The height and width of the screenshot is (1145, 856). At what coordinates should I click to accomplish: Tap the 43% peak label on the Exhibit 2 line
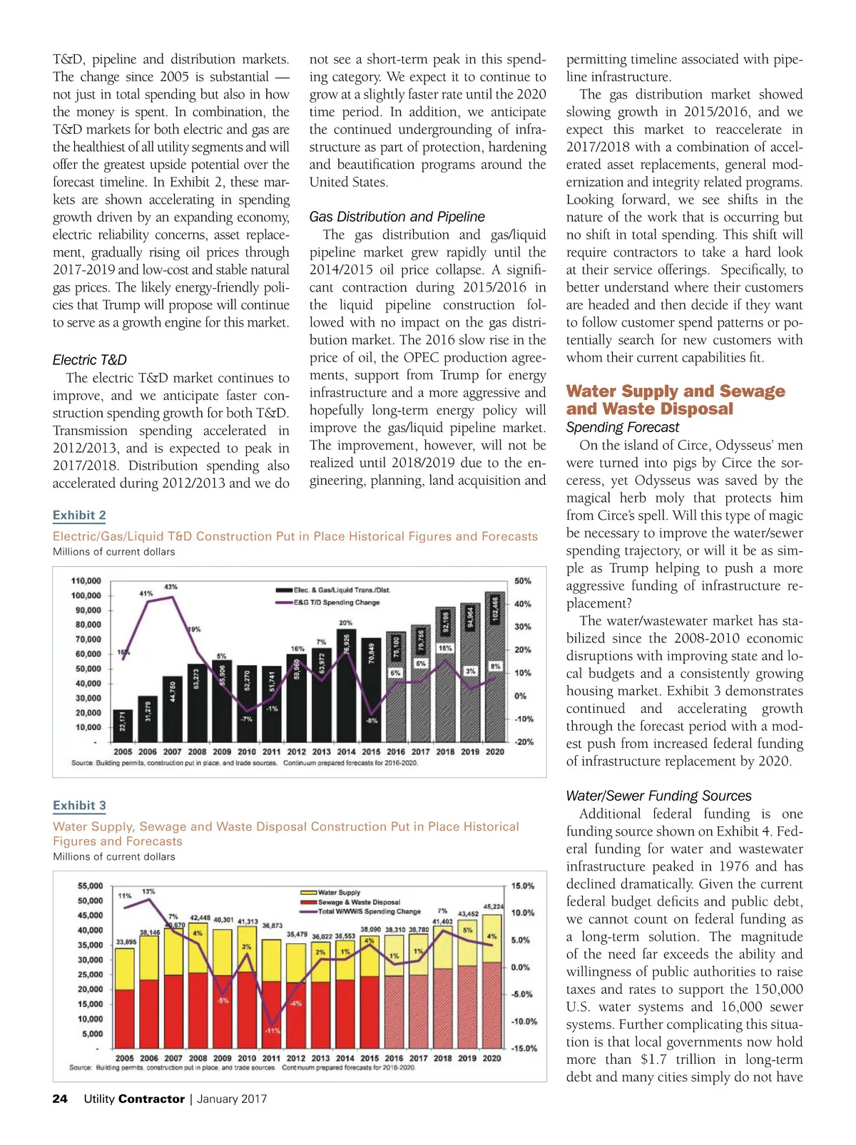click(x=171, y=587)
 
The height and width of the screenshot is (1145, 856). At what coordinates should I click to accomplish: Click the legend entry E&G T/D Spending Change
click(x=336, y=602)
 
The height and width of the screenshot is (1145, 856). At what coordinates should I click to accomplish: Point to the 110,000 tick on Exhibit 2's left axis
click(x=86, y=581)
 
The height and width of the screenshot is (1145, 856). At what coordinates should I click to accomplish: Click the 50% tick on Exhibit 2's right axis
click(x=523, y=581)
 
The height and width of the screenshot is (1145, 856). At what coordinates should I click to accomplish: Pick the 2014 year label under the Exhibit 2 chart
click(x=346, y=751)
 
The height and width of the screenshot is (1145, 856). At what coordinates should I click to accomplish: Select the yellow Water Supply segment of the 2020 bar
click(x=491, y=936)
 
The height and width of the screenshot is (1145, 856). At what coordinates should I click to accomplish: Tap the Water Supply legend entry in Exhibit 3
click(x=339, y=893)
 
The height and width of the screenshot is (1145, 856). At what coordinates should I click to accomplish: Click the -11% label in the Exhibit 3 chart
click(x=272, y=1031)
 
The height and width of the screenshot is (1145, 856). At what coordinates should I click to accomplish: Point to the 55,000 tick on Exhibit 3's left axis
click(x=90, y=886)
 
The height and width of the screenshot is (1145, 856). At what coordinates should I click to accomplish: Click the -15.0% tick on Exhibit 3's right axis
click(x=523, y=1048)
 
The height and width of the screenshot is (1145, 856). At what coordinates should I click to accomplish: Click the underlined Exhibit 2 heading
click(x=79, y=515)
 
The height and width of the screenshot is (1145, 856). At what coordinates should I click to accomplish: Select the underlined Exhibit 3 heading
click(x=79, y=806)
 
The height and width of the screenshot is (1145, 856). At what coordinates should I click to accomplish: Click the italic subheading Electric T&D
click(x=90, y=360)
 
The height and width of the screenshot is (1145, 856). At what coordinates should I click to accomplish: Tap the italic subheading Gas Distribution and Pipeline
click(x=397, y=217)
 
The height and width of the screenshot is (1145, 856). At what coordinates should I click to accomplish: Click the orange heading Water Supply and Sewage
click(x=675, y=391)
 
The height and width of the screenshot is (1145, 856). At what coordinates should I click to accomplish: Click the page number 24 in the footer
click(x=60, y=1099)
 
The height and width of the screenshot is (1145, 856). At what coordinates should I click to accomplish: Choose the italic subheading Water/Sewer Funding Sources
click(x=658, y=796)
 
